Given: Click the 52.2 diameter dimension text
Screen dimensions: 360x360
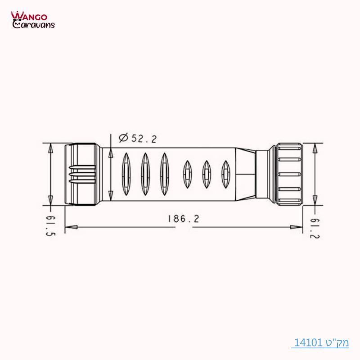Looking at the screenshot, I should coord(143,139).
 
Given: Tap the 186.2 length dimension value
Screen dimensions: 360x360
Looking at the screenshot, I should coord(183,219).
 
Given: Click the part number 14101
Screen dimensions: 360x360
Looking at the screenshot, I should coord(309,343).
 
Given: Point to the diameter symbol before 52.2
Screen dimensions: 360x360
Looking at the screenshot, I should coord(123,138).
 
